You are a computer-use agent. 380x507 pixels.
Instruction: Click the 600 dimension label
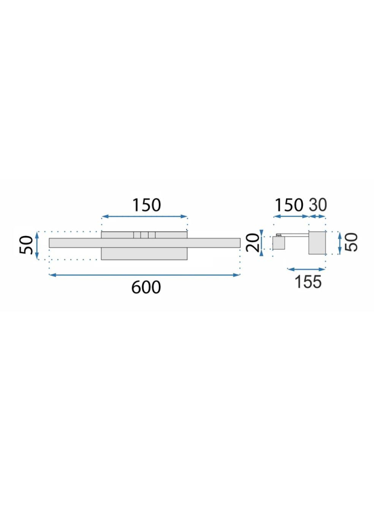(146, 287)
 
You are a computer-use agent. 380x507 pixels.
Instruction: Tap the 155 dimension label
(308, 281)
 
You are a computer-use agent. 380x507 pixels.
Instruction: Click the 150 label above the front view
(146, 205)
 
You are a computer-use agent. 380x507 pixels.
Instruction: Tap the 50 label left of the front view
(26, 246)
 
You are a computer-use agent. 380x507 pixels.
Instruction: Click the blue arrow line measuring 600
(144, 275)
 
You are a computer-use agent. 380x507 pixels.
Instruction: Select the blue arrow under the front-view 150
(145, 217)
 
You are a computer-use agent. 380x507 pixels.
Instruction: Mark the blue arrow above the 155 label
(306, 268)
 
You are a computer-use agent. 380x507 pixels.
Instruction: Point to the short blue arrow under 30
(318, 217)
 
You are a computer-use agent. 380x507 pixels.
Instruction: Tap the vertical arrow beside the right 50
(339, 243)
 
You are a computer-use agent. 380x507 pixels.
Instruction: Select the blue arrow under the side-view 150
(291, 217)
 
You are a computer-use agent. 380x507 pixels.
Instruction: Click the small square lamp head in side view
(279, 244)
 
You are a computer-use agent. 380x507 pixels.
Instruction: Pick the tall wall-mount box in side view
(317, 243)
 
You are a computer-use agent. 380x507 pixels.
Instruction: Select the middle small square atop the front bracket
(144, 234)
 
